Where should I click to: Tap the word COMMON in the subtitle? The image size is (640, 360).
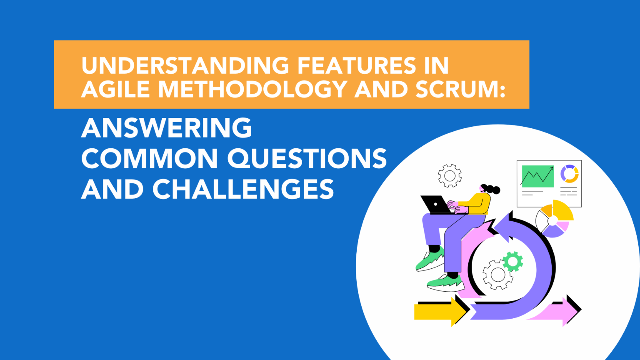[150, 159]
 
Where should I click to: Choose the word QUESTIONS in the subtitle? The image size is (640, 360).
[307, 159]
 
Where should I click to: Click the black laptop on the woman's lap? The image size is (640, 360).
[434, 204]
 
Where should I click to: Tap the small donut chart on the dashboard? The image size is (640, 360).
[569, 174]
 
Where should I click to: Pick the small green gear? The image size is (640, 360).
[512, 262]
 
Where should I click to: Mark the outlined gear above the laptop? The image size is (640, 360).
[450, 176]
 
